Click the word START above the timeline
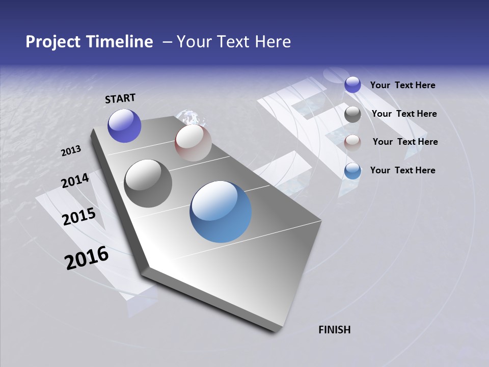pyautogui.click(x=120, y=98)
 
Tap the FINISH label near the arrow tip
pyautogui.click(x=335, y=330)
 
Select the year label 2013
pyautogui.click(x=71, y=151)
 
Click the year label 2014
pyautogui.click(x=75, y=180)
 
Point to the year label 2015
pyautogui.click(x=79, y=217)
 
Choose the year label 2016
pyautogui.click(x=87, y=258)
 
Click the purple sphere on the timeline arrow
pyautogui.click(x=124, y=125)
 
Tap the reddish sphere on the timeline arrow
pyautogui.click(x=193, y=143)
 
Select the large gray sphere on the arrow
pyautogui.click(x=148, y=183)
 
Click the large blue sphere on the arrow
pyautogui.click(x=221, y=212)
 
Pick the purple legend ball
pyautogui.click(x=352, y=85)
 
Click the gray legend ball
pyautogui.click(x=352, y=114)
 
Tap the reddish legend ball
pyautogui.click(x=352, y=143)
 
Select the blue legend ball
pyautogui.click(x=352, y=171)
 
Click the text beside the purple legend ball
pyautogui.click(x=402, y=85)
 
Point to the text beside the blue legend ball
pyautogui.click(x=402, y=170)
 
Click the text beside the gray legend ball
pyautogui.click(x=404, y=114)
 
